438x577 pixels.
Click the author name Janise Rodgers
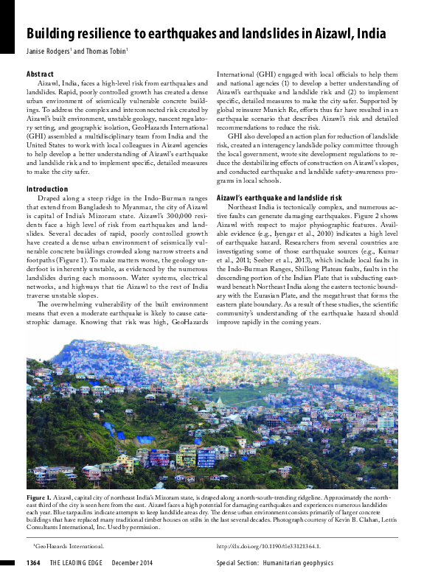point(49,52)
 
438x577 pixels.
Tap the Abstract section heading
point(40,74)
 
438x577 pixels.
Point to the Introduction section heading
point(46,189)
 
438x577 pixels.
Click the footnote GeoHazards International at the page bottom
point(69,546)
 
